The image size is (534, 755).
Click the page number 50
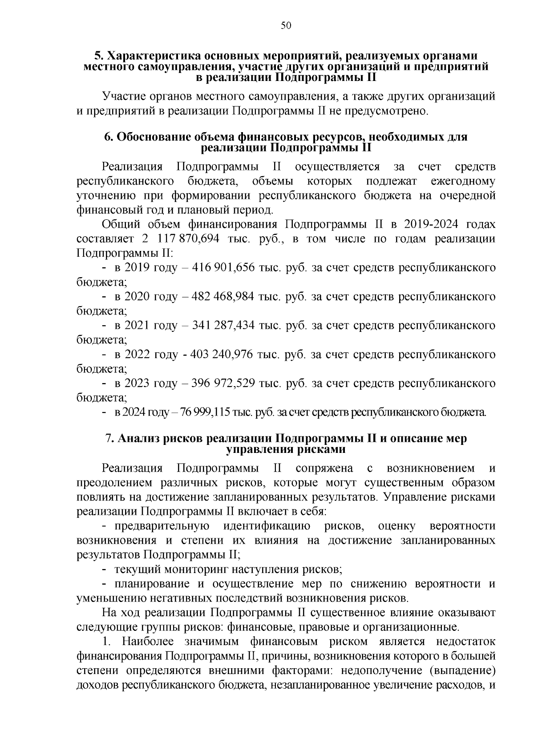click(286, 26)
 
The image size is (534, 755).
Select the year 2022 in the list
click(137, 355)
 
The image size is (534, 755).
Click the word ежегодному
click(463, 182)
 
